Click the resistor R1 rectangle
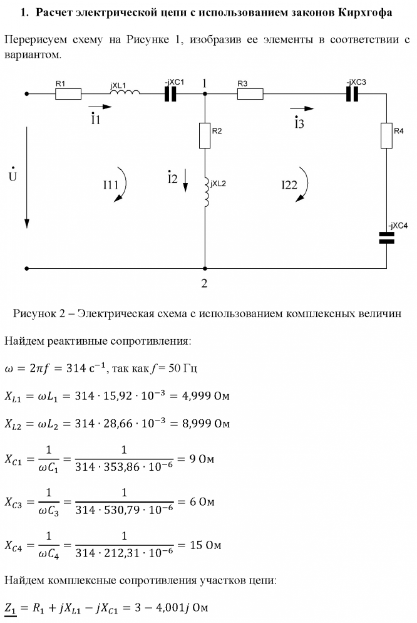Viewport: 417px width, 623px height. (x=68, y=94)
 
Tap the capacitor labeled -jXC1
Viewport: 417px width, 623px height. (x=170, y=94)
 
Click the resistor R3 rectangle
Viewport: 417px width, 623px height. (x=250, y=94)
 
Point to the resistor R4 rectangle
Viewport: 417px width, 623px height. (x=386, y=135)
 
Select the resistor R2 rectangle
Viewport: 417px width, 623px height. (x=205, y=135)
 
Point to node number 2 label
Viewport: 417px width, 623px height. (x=204, y=284)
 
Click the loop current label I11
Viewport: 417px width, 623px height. (x=111, y=185)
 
